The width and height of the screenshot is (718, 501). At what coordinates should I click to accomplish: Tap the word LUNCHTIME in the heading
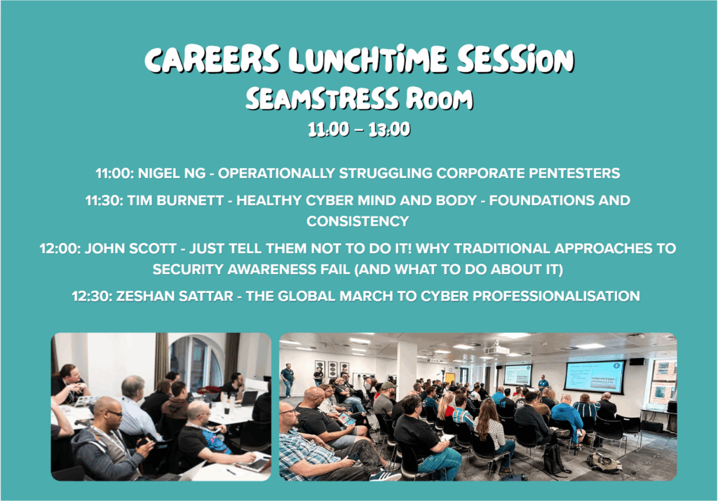pyautogui.click(x=367, y=59)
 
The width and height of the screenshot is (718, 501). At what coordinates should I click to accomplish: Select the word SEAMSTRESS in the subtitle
pyautogui.click(x=322, y=98)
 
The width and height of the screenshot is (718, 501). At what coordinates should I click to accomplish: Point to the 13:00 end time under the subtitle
pyautogui.click(x=389, y=130)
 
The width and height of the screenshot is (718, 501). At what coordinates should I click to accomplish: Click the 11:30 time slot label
pyautogui.click(x=104, y=200)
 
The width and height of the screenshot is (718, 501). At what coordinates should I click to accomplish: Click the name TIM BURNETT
pyautogui.click(x=175, y=200)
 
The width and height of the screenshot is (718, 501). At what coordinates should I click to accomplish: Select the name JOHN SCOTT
pyautogui.click(x=131, y=249)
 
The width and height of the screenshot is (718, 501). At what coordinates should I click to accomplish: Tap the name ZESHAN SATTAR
pyautogui.click(x=175, y=296)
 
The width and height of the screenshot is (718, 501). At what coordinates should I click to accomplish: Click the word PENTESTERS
pyautogui.click(x=574, y=173)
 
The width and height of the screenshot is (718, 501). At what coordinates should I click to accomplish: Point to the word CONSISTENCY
pyautogui.click(x=358, y=221)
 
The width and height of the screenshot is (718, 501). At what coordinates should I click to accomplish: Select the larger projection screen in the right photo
pyautogui.click(x=595, y=377)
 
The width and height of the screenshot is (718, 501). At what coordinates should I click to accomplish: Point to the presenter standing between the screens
pyautogui.click(x=543, y=383)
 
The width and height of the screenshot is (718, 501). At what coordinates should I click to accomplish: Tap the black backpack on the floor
pyautogui.click(x=554, y=459)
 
